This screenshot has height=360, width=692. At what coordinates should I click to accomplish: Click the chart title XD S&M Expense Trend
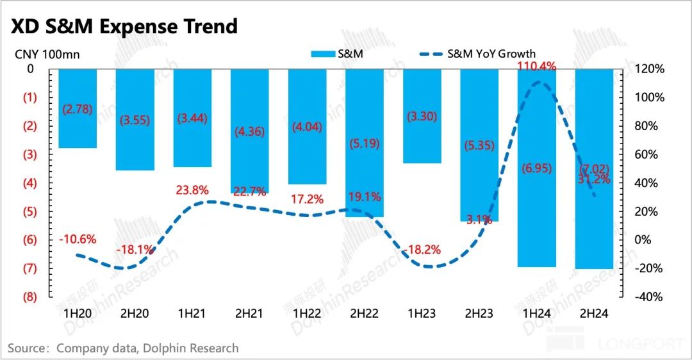tap(122, 26)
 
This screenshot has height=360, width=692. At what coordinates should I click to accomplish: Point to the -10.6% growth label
tap(78, 240)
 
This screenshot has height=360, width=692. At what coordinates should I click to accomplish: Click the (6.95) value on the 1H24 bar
tap(537, 168)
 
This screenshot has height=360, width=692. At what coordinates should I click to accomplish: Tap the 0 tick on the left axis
tap(31, 69)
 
